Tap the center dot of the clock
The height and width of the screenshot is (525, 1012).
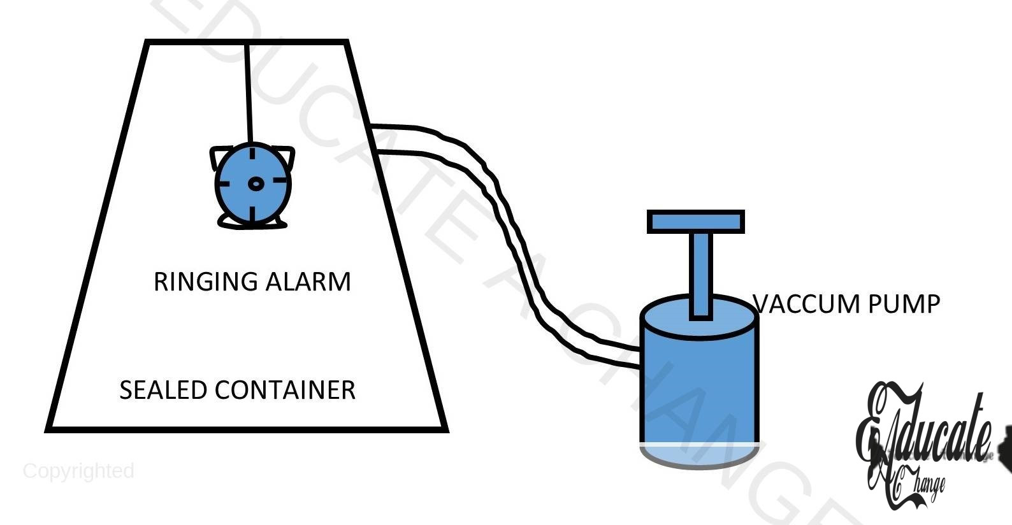255,184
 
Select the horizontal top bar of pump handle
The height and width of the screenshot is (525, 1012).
696,222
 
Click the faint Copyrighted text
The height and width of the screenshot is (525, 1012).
78,471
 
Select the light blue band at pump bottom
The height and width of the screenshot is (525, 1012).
699,454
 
